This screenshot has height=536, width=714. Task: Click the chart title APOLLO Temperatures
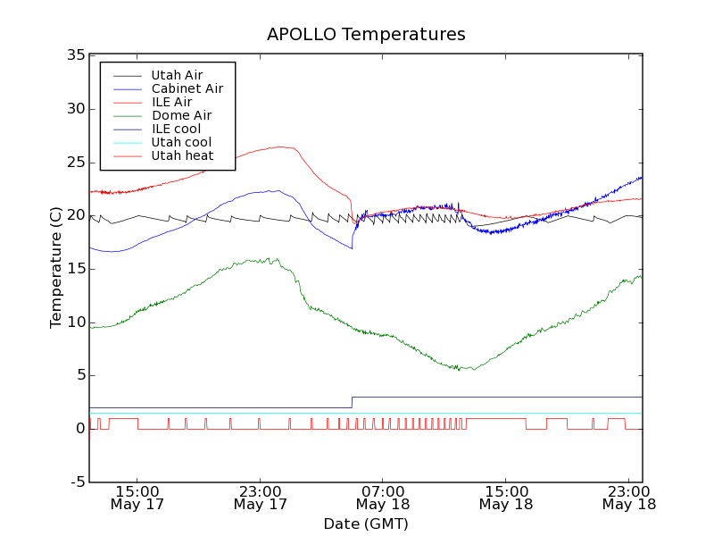pyautogui.click(x=366, y=35)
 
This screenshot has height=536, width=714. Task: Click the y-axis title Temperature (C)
pyautogui.click(x=56, y=268)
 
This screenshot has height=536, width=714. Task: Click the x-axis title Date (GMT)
pyautogui.click(x=366, y=523)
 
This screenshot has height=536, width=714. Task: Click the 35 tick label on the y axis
pyautogui.click(x=75, y=55)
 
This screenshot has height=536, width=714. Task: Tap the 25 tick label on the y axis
pyautogui.click(x=75, y=163)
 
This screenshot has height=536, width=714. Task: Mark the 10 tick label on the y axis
pyautogui.click(x=75, y=322)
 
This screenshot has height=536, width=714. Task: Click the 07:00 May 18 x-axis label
pyautogui.click(x=383, y=498)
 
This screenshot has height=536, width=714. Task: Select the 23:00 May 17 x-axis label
pyautogui.click(x=260, y=498)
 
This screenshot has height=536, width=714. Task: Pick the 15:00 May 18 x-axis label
pyautogui.click(x=506, y=498)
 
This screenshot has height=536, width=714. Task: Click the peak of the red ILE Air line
pyautogui.click(x=281, y=147)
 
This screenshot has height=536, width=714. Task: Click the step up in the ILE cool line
pyautogui.click(x=352, y=402)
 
